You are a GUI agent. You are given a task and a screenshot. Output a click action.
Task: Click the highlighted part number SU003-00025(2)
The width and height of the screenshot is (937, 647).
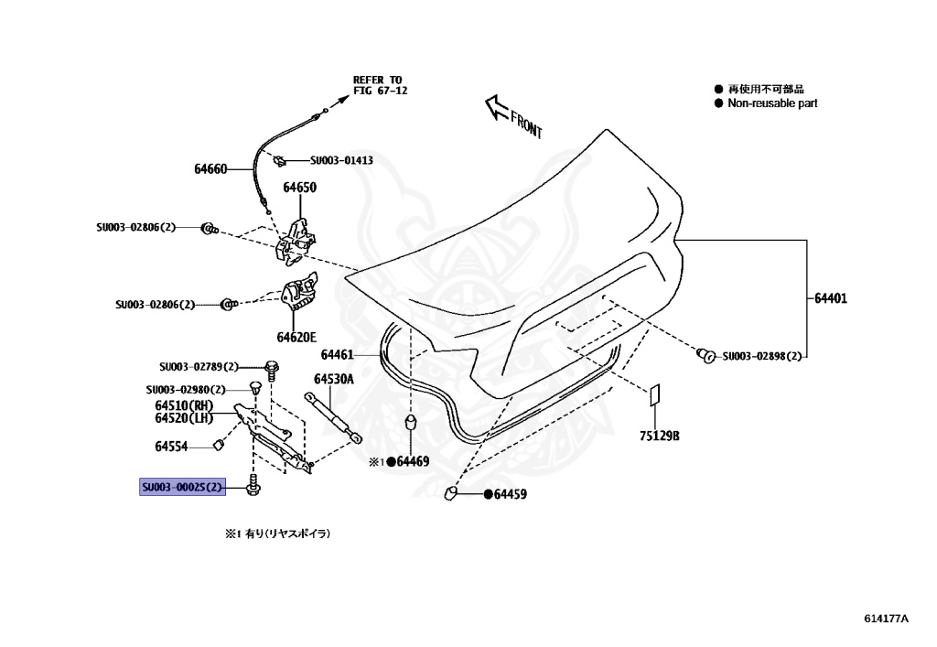coord(181,487)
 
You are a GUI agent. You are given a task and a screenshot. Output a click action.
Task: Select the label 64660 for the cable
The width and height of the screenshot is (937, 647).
coord(210,168)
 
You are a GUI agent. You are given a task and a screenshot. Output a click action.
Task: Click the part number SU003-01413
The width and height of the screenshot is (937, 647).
coord(341,160)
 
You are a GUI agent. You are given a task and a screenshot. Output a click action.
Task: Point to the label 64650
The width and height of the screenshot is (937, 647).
coord(299,188)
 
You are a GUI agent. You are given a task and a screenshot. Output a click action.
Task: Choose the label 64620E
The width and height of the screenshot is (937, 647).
coord(298,338)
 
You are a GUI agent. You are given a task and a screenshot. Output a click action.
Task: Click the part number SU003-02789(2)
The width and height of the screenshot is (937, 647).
coord(199,366)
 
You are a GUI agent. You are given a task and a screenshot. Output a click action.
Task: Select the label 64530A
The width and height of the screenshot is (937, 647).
coord(334,378)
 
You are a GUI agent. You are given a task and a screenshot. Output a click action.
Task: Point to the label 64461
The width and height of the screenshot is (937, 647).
coord(338,354)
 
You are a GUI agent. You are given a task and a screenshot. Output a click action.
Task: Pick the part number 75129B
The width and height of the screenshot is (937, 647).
coord(660,437)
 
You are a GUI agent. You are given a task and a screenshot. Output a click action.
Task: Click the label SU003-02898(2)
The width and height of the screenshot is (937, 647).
coord(762,356)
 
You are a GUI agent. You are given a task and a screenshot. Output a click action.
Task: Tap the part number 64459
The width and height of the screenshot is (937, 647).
coord(511,495)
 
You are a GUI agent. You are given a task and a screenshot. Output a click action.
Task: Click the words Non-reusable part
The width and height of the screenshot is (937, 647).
coord(772,103)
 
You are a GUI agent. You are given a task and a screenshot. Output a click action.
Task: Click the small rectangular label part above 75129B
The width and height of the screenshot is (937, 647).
coord(654,397)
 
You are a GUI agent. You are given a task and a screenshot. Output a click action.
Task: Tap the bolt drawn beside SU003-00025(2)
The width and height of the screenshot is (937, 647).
coord(252,486)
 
